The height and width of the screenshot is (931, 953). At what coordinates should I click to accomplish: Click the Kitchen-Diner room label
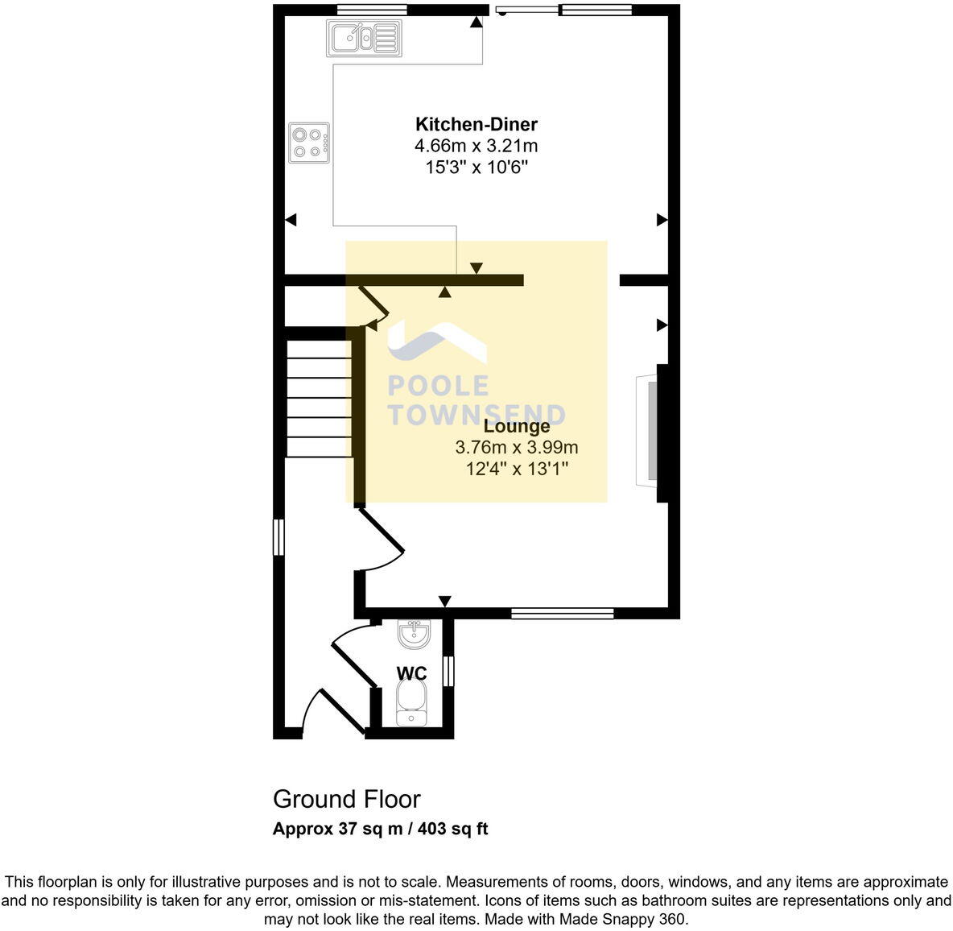point(476,124)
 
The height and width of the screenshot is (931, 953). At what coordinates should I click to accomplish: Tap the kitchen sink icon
point(364,38)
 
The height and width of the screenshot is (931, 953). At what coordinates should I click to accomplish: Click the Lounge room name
point(517,426)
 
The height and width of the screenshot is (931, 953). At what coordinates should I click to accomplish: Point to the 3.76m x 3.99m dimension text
point(517,447)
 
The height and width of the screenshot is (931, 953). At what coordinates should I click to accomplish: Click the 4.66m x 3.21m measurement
point(476,146)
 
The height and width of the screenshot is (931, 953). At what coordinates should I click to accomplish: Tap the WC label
point(411,673)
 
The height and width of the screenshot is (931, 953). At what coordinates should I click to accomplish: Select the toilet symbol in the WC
point(414,702)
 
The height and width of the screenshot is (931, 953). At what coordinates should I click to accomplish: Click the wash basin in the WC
point(415,635)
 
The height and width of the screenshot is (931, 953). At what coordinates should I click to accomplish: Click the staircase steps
point(319,399)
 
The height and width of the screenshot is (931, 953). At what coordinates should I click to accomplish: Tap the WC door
point(353,656)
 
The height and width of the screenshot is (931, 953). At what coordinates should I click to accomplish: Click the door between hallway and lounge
point(380,536)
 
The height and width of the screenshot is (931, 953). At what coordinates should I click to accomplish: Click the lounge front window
point(563,614)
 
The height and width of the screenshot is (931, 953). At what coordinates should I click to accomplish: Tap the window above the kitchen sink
point(371,10)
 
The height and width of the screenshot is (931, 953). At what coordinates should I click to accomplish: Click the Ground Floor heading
point(346,799)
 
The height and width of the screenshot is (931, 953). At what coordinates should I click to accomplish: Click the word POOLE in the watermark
point(438,386)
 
